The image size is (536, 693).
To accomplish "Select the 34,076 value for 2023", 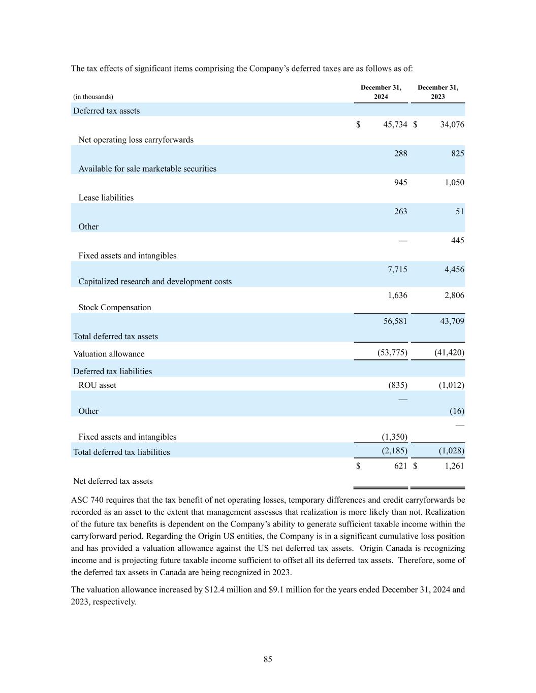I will tap(452, 124).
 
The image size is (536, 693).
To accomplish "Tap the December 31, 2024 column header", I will tap(381, 92).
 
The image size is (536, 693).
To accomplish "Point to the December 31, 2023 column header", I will tap(437, 92).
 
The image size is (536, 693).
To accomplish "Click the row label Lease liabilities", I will tap(106, 197).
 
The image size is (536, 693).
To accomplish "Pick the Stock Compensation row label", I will tap(114, 307).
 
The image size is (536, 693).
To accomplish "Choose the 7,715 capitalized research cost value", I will tap(397, 270).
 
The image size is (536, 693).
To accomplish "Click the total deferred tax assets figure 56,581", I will tap(395, 321).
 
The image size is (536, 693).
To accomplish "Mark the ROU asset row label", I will tap(97, 385).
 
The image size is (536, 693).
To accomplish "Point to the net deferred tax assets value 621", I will tap(400, 466).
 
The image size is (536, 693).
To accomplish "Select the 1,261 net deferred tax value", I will tap(454, 466).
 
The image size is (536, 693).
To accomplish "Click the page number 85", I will tap(268, 659).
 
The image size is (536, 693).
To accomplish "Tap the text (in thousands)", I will tap(93, 96).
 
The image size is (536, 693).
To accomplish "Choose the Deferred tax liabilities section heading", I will tap(112, 371).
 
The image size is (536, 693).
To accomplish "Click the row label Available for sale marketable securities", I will tap(147, 169).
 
